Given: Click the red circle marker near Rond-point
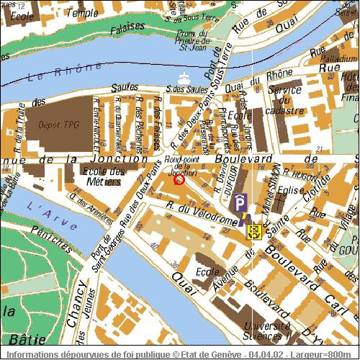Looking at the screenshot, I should coord(180,180).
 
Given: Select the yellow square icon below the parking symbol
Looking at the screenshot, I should coord(253,231).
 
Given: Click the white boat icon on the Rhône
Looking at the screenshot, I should coord(183,77).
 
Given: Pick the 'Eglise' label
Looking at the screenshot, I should coord(290,190).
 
